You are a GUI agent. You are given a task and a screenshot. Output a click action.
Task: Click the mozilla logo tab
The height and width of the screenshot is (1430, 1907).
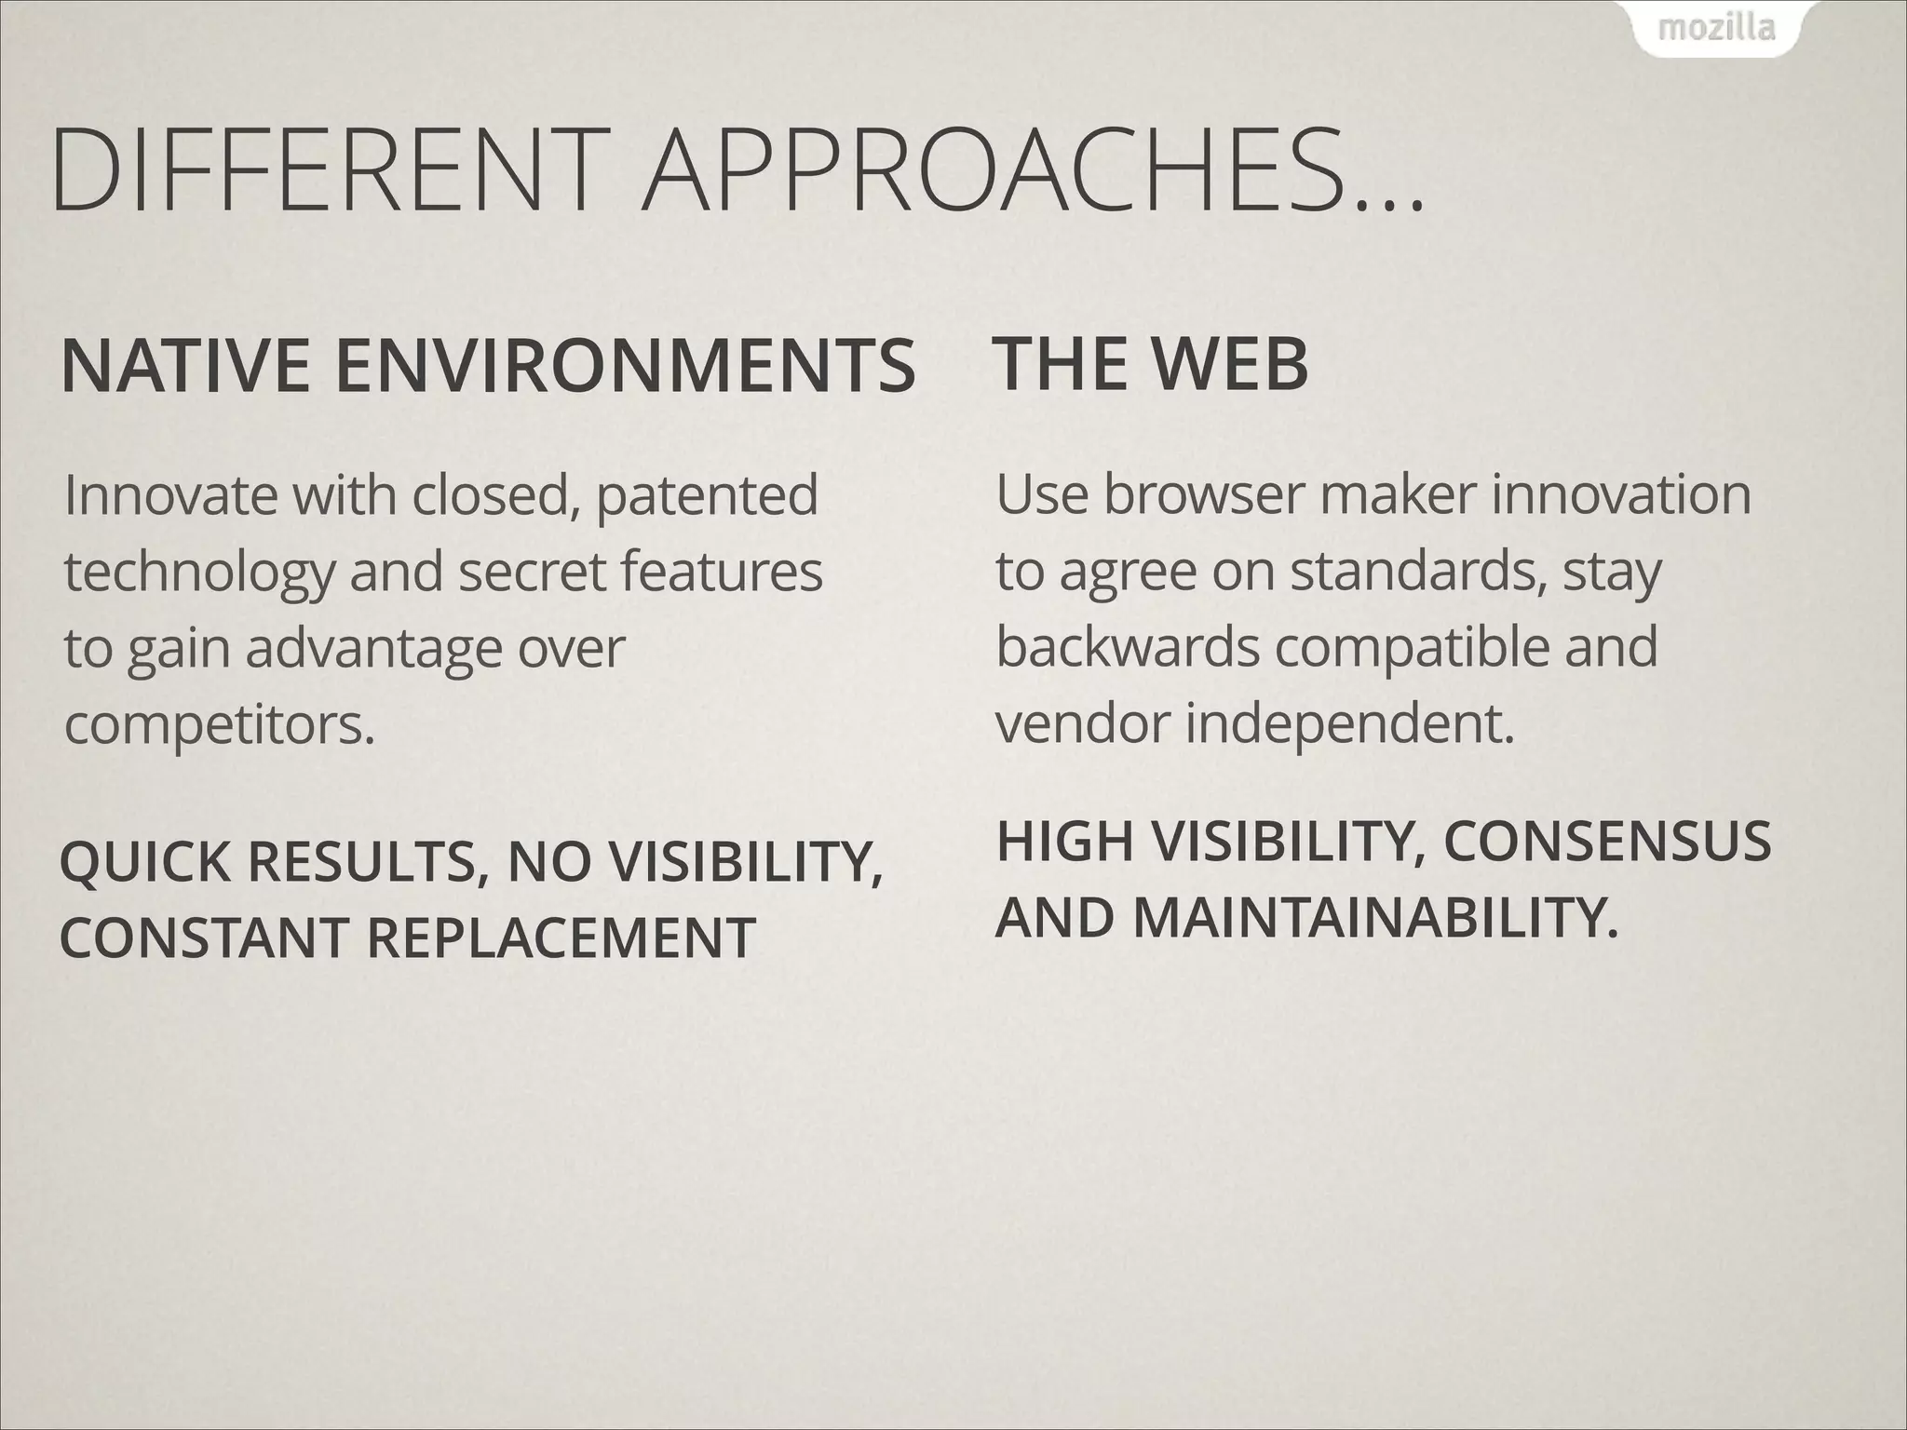pyautogui.click(x=1716, y=29)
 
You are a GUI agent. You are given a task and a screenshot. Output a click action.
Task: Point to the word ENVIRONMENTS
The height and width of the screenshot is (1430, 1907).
pyautogui.click(x=625, y=366)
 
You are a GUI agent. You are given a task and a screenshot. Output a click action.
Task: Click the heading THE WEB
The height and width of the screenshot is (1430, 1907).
pyautogui.click(x=1152, y=362)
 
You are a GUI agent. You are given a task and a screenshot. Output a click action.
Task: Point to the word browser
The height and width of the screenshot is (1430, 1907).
pyautogui.click(x=1205, y=494)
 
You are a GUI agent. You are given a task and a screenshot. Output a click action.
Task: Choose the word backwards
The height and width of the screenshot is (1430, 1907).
pyautogui.click(x=1128, y=647)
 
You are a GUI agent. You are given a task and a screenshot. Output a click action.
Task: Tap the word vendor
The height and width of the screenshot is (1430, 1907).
pyautogui.click(x=1081, y=723)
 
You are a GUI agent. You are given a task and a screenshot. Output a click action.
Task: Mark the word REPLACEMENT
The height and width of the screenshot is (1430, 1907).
pyautogui.click(x=560, y=938)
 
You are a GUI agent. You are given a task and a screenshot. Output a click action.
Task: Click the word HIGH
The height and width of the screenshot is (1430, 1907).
pyautogui.click(x=1065, y=842)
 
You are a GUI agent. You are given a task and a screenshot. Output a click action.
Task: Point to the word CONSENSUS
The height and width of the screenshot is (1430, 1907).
pyautogui.click(x=1606, y=842)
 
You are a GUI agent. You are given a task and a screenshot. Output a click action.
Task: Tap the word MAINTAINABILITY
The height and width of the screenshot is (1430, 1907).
pyautogui.click(x=1374, y=917)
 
